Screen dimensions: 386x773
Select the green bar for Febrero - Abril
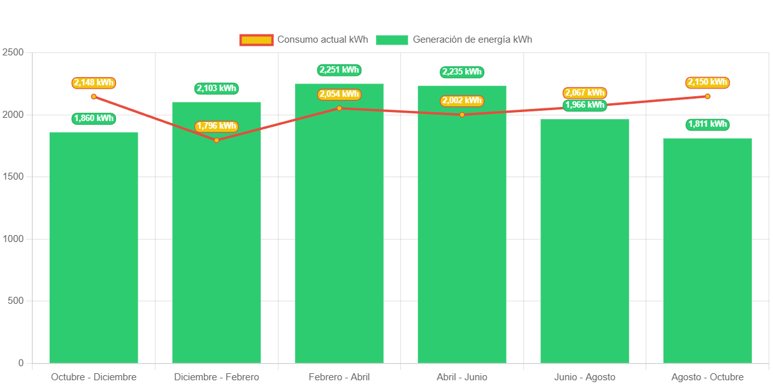click(339, 223)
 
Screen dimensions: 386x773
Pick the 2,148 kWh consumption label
click(94, 83)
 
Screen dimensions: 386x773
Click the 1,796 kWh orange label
click(217, 126)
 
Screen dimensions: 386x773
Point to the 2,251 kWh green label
click(339, 70)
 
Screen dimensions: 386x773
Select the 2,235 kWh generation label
click(462, 72)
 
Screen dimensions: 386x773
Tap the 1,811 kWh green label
click(707, 124)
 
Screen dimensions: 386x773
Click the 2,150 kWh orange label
click(707, 82)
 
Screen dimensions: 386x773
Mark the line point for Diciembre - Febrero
click(217, 140)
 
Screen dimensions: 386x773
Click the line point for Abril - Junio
click(462, 115)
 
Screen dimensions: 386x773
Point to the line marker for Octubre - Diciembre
click(94, 97)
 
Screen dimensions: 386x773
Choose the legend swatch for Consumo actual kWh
click(256, 40)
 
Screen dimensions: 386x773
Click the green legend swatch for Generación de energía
click(391, 40)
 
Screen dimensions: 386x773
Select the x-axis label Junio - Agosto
click(585, 377)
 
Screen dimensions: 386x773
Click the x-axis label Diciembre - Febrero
click(217, 377)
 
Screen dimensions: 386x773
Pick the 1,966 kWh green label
click(585, 105)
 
